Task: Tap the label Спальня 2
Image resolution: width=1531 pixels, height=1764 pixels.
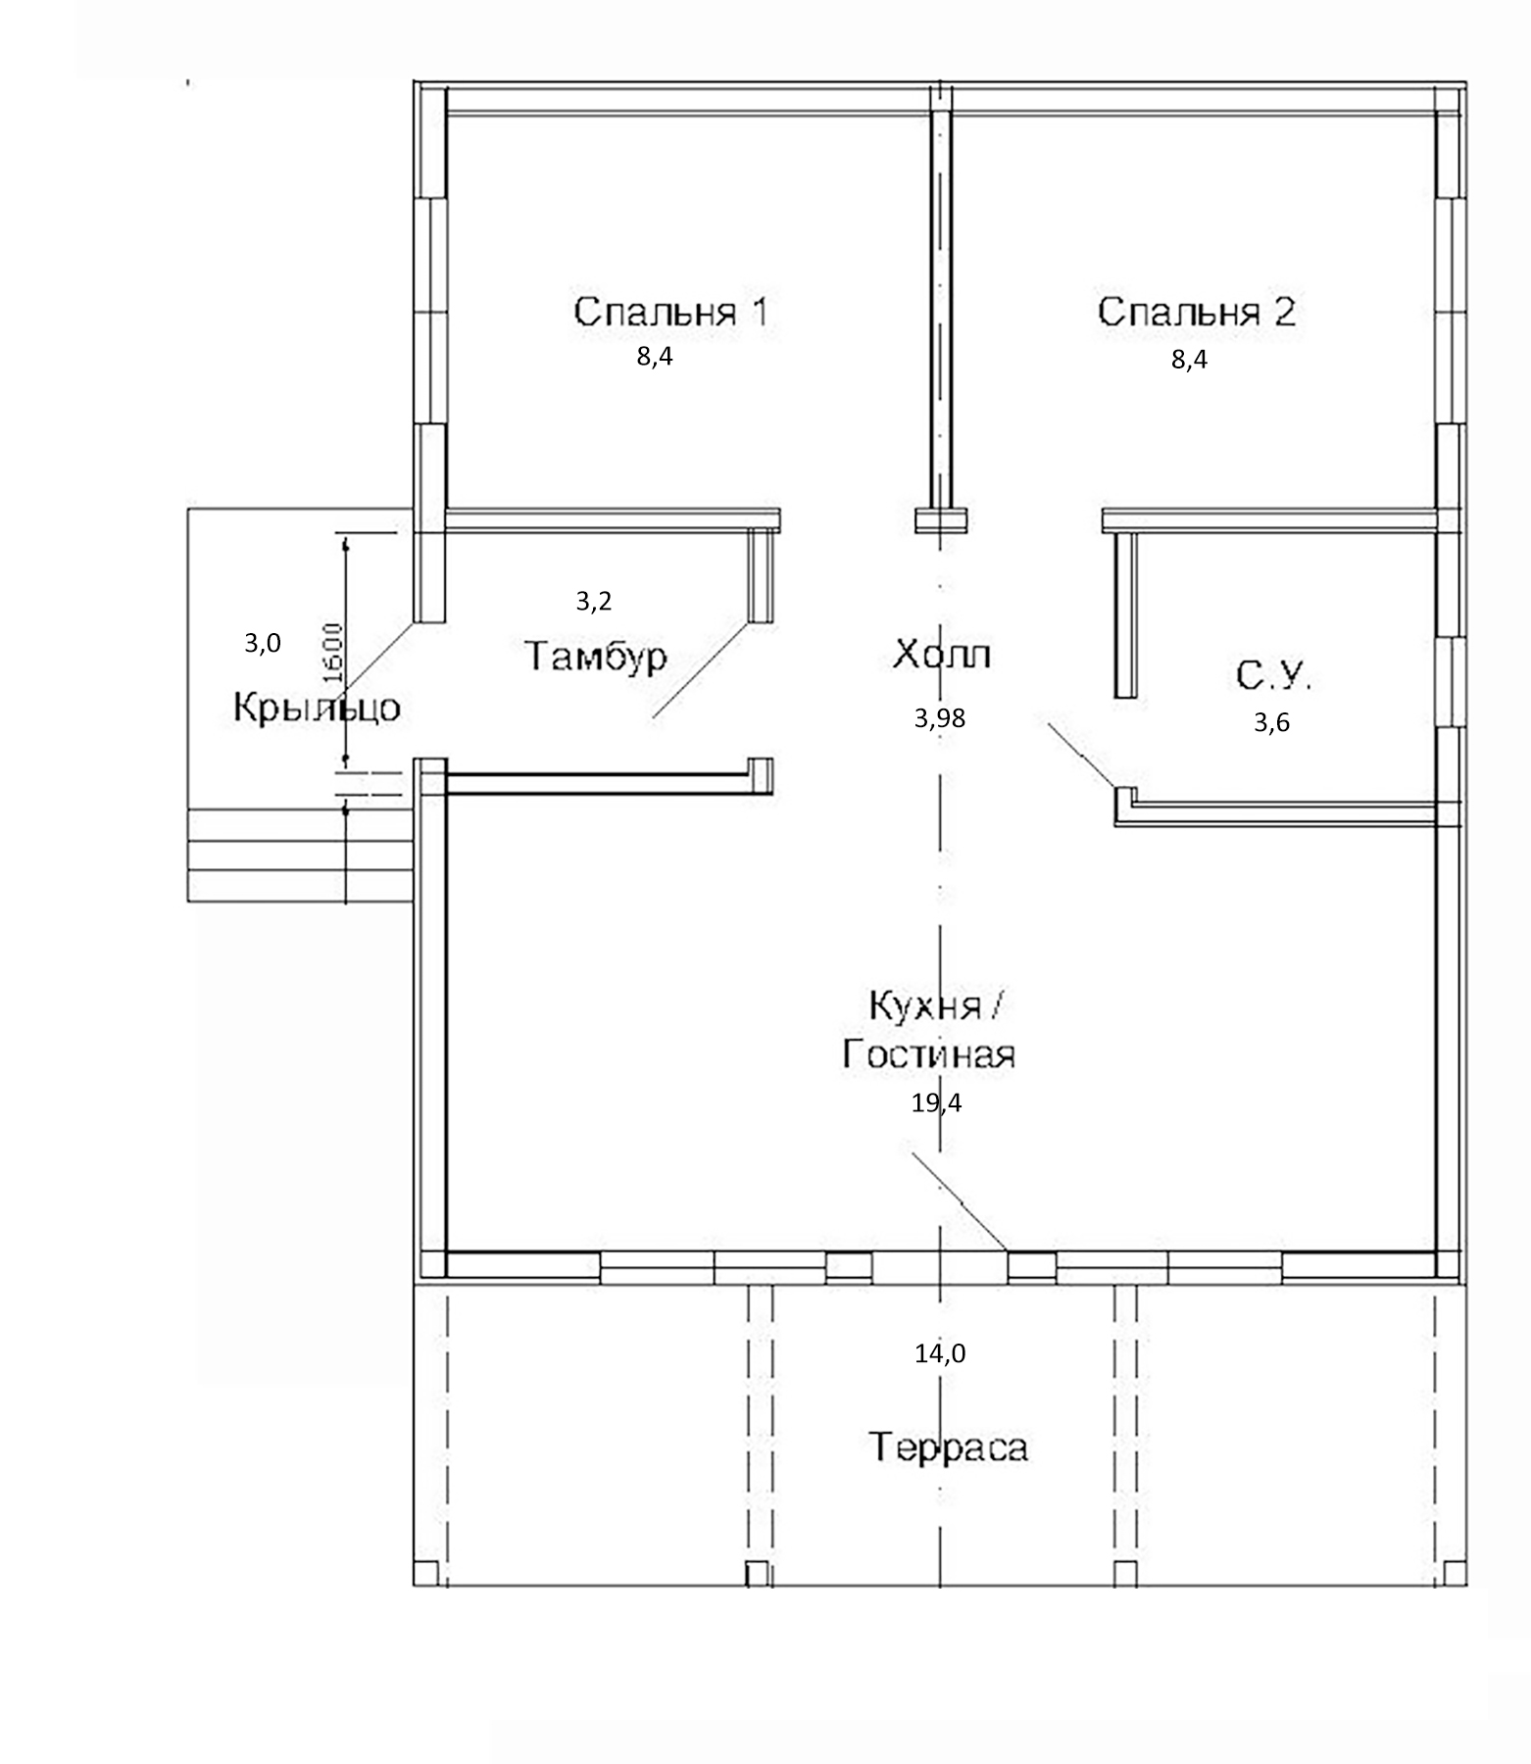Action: click(x=1196, y=312)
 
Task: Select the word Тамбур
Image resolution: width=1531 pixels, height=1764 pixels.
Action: click(x=596, y=656)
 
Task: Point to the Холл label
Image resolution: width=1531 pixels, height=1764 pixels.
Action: click(x=941, y=654)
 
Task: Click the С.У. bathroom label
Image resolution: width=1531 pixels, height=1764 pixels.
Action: click(x=1273, y=676)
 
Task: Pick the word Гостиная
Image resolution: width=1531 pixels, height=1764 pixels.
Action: click(x=928, y=1054)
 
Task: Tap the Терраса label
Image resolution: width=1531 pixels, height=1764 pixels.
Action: click(x=948, y=1447)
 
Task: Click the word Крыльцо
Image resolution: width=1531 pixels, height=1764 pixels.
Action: click(x=317, y=707)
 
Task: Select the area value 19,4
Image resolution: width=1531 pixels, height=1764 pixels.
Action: click(x=936, y=1102)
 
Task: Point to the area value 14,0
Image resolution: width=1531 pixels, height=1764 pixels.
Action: click(x=940, y=1353)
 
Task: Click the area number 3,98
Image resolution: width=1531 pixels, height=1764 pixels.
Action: click(x=940, y=718)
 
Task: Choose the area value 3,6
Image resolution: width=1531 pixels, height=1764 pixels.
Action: click(x=1271, y=723)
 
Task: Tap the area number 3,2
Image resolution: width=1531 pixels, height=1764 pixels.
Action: click(x=594, y=601)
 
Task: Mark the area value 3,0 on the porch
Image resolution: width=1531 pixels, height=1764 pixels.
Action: click(x=263, y=643)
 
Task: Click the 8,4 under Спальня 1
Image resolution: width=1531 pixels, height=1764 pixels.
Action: click(x=655, y=356)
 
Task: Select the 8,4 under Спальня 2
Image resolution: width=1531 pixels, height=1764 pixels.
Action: click(x=1189, y=359)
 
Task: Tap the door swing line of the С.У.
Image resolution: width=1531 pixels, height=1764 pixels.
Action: click(x=1082, y=755)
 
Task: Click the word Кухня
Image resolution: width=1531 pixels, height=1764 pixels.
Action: click(x=924, y=1005)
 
